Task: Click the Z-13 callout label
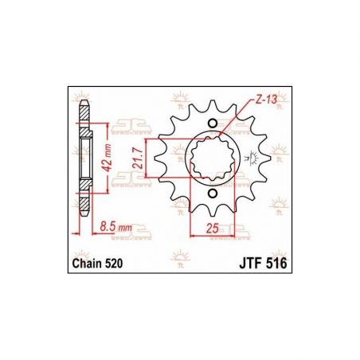click(266, 100)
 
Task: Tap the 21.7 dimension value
click(138, 158)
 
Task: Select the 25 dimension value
click(213, 228)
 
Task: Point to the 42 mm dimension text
click(108, 158)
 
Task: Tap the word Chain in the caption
click(87, 264)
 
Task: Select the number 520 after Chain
click(114, 264)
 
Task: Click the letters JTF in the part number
click(250, 264)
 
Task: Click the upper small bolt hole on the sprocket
click(213, 123)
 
